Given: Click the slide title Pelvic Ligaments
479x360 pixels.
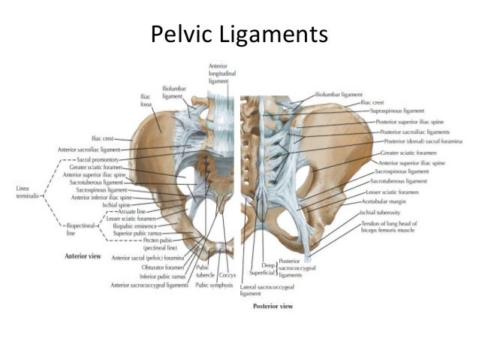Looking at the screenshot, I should (x=239, y=35).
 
